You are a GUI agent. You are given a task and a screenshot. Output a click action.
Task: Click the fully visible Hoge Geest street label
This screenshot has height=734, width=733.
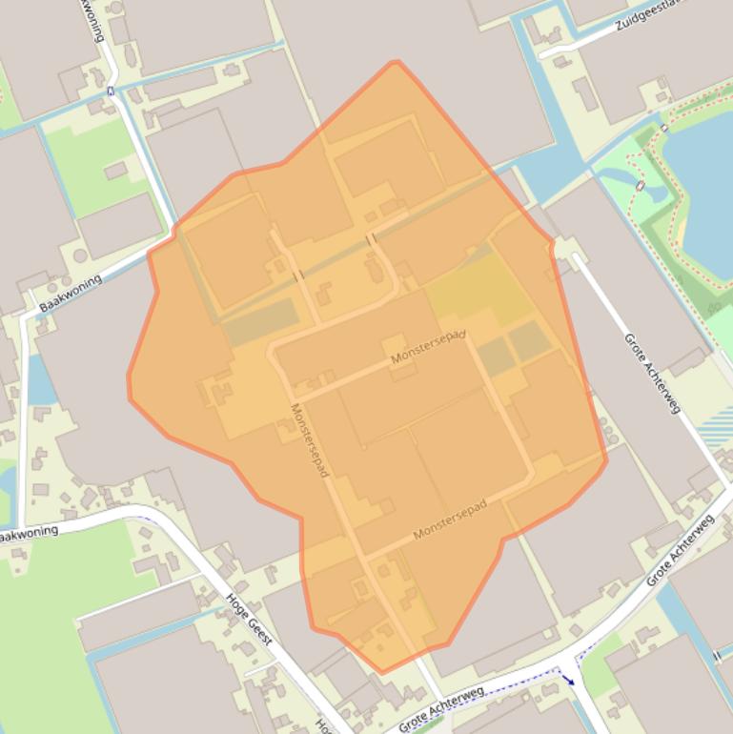coord(250,618)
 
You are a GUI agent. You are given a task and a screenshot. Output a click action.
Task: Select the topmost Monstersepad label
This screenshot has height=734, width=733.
coord(428,348)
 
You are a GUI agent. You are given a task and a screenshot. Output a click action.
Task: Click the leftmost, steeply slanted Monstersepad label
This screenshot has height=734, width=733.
coord(310,441)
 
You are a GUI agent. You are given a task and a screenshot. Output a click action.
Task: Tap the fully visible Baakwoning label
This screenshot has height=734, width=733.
coord(71,293)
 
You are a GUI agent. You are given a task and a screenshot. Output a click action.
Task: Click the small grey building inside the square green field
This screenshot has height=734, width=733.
coord(115,171)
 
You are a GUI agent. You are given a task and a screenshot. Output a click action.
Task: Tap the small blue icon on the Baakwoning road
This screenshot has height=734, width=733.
coord(111,92)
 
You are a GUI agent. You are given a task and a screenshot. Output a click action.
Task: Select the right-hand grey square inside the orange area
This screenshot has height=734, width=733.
coord(529,340)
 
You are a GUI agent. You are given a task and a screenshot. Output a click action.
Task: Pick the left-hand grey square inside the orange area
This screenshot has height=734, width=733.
coord(496,357)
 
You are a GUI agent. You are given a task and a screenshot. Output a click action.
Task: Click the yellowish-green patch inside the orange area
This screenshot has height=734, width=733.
coord(477,291)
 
